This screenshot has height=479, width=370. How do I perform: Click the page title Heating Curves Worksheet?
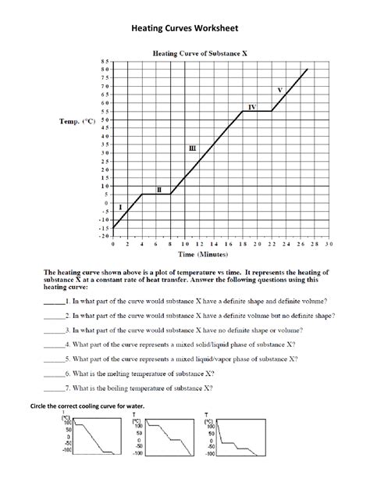(x=184, y=30)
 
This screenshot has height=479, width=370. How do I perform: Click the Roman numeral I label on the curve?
(x=120, y=208)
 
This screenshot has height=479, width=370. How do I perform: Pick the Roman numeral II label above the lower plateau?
(x=159, y=189)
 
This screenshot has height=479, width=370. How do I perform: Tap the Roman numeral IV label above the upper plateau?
(x=251, y=105)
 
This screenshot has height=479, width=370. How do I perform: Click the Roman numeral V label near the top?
(x=279, y=90)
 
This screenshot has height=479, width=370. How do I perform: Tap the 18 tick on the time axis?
(x=243, y=244)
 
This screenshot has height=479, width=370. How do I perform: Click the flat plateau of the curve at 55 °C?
(x=257, y=111)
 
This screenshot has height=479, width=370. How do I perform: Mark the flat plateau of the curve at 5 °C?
(x=155, y=195)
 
